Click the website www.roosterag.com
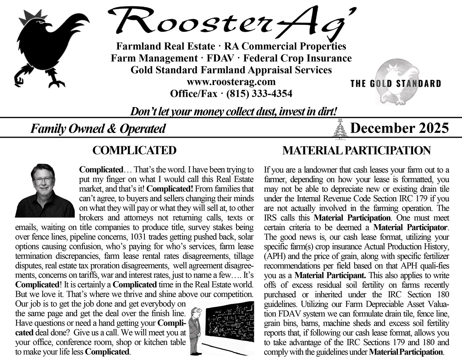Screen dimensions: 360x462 (231, 82)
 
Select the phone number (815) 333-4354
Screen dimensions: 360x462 (259, 94)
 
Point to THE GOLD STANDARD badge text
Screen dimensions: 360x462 (395, 83)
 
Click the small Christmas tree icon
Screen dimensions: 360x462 (340, 130)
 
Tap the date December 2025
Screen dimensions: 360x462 (399, 128)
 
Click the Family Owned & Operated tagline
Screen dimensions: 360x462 (98, 129)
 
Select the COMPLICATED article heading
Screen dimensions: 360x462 (134, 150)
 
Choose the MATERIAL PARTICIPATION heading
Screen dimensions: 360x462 (356, 151)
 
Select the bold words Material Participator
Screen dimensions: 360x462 (410, 227)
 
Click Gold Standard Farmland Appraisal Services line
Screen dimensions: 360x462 (231, 70)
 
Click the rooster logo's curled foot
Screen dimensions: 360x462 (19, 79)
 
